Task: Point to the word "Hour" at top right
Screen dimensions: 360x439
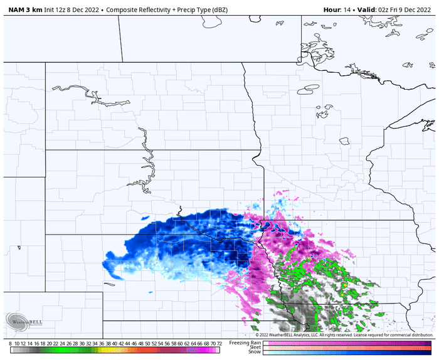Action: [333, 9]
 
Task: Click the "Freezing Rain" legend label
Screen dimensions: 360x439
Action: [245, 342]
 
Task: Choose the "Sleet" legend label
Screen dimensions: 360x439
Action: [253, 347]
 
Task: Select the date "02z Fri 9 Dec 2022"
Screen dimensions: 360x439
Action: [408, 9]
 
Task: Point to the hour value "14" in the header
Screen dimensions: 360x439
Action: [351, 9]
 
